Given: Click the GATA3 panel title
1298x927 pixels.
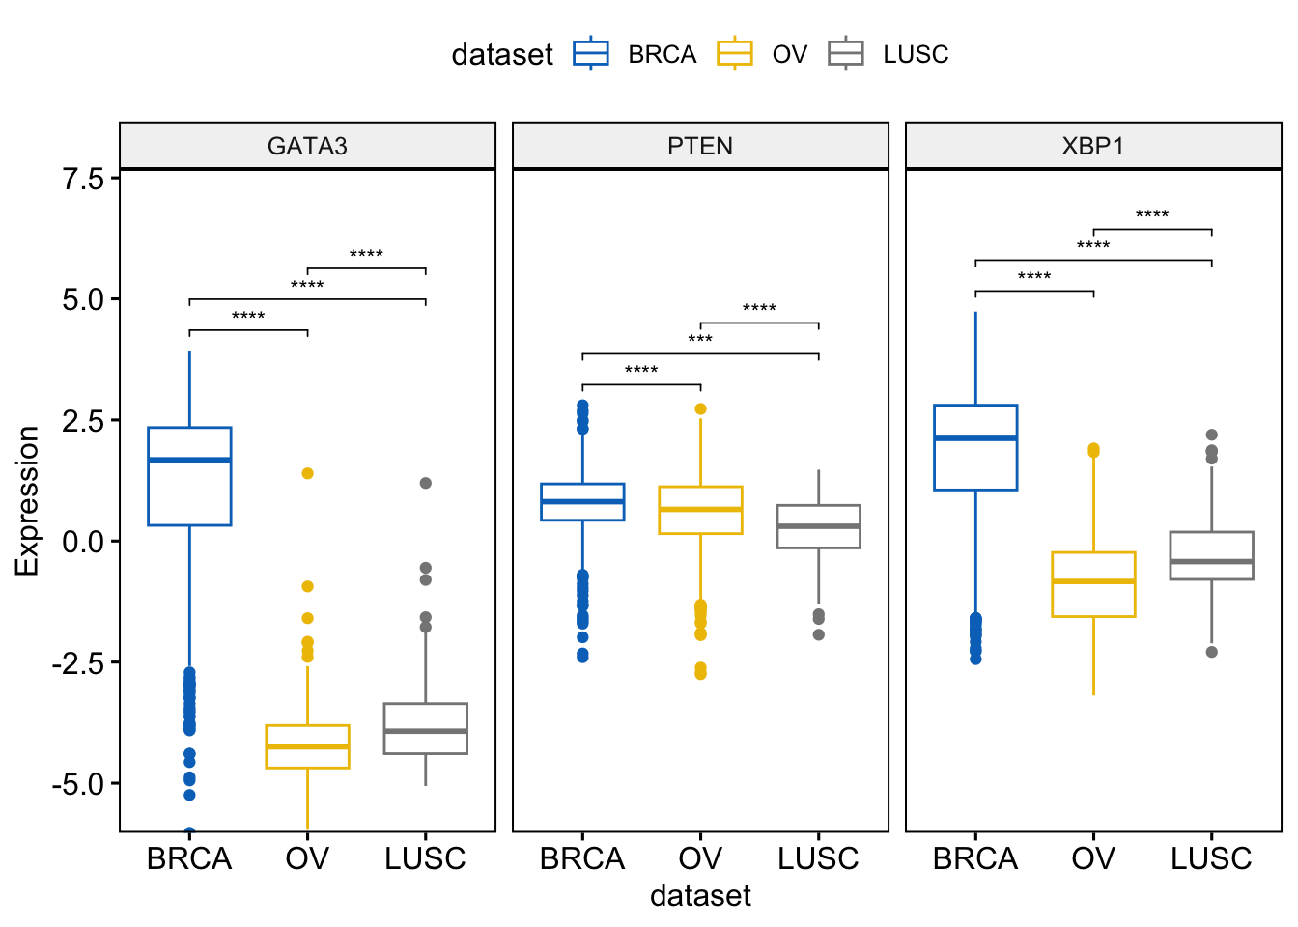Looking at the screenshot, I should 307,146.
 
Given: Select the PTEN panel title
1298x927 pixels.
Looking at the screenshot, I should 700,146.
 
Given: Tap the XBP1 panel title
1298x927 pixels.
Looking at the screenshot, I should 1093,146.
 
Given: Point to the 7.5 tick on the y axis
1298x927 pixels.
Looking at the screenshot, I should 84,178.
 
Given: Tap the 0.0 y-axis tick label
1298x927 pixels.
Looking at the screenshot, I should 84,541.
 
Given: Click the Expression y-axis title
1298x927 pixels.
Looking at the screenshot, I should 27,500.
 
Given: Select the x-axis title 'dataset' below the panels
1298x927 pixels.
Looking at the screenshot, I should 700,895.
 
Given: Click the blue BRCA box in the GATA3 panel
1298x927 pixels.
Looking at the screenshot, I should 189,476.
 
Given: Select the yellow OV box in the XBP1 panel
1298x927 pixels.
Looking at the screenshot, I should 1093,584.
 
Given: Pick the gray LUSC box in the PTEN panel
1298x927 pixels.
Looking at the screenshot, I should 818,526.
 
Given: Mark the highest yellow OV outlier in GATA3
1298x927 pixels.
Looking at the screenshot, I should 307,473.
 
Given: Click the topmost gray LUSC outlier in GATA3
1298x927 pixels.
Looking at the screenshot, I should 426,483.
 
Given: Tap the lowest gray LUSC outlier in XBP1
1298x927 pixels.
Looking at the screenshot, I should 1211,652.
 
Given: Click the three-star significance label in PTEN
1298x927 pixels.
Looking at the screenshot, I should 700,340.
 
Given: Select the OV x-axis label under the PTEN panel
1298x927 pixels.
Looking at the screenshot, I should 700,858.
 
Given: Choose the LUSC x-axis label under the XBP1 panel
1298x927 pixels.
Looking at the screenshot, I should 1211,858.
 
